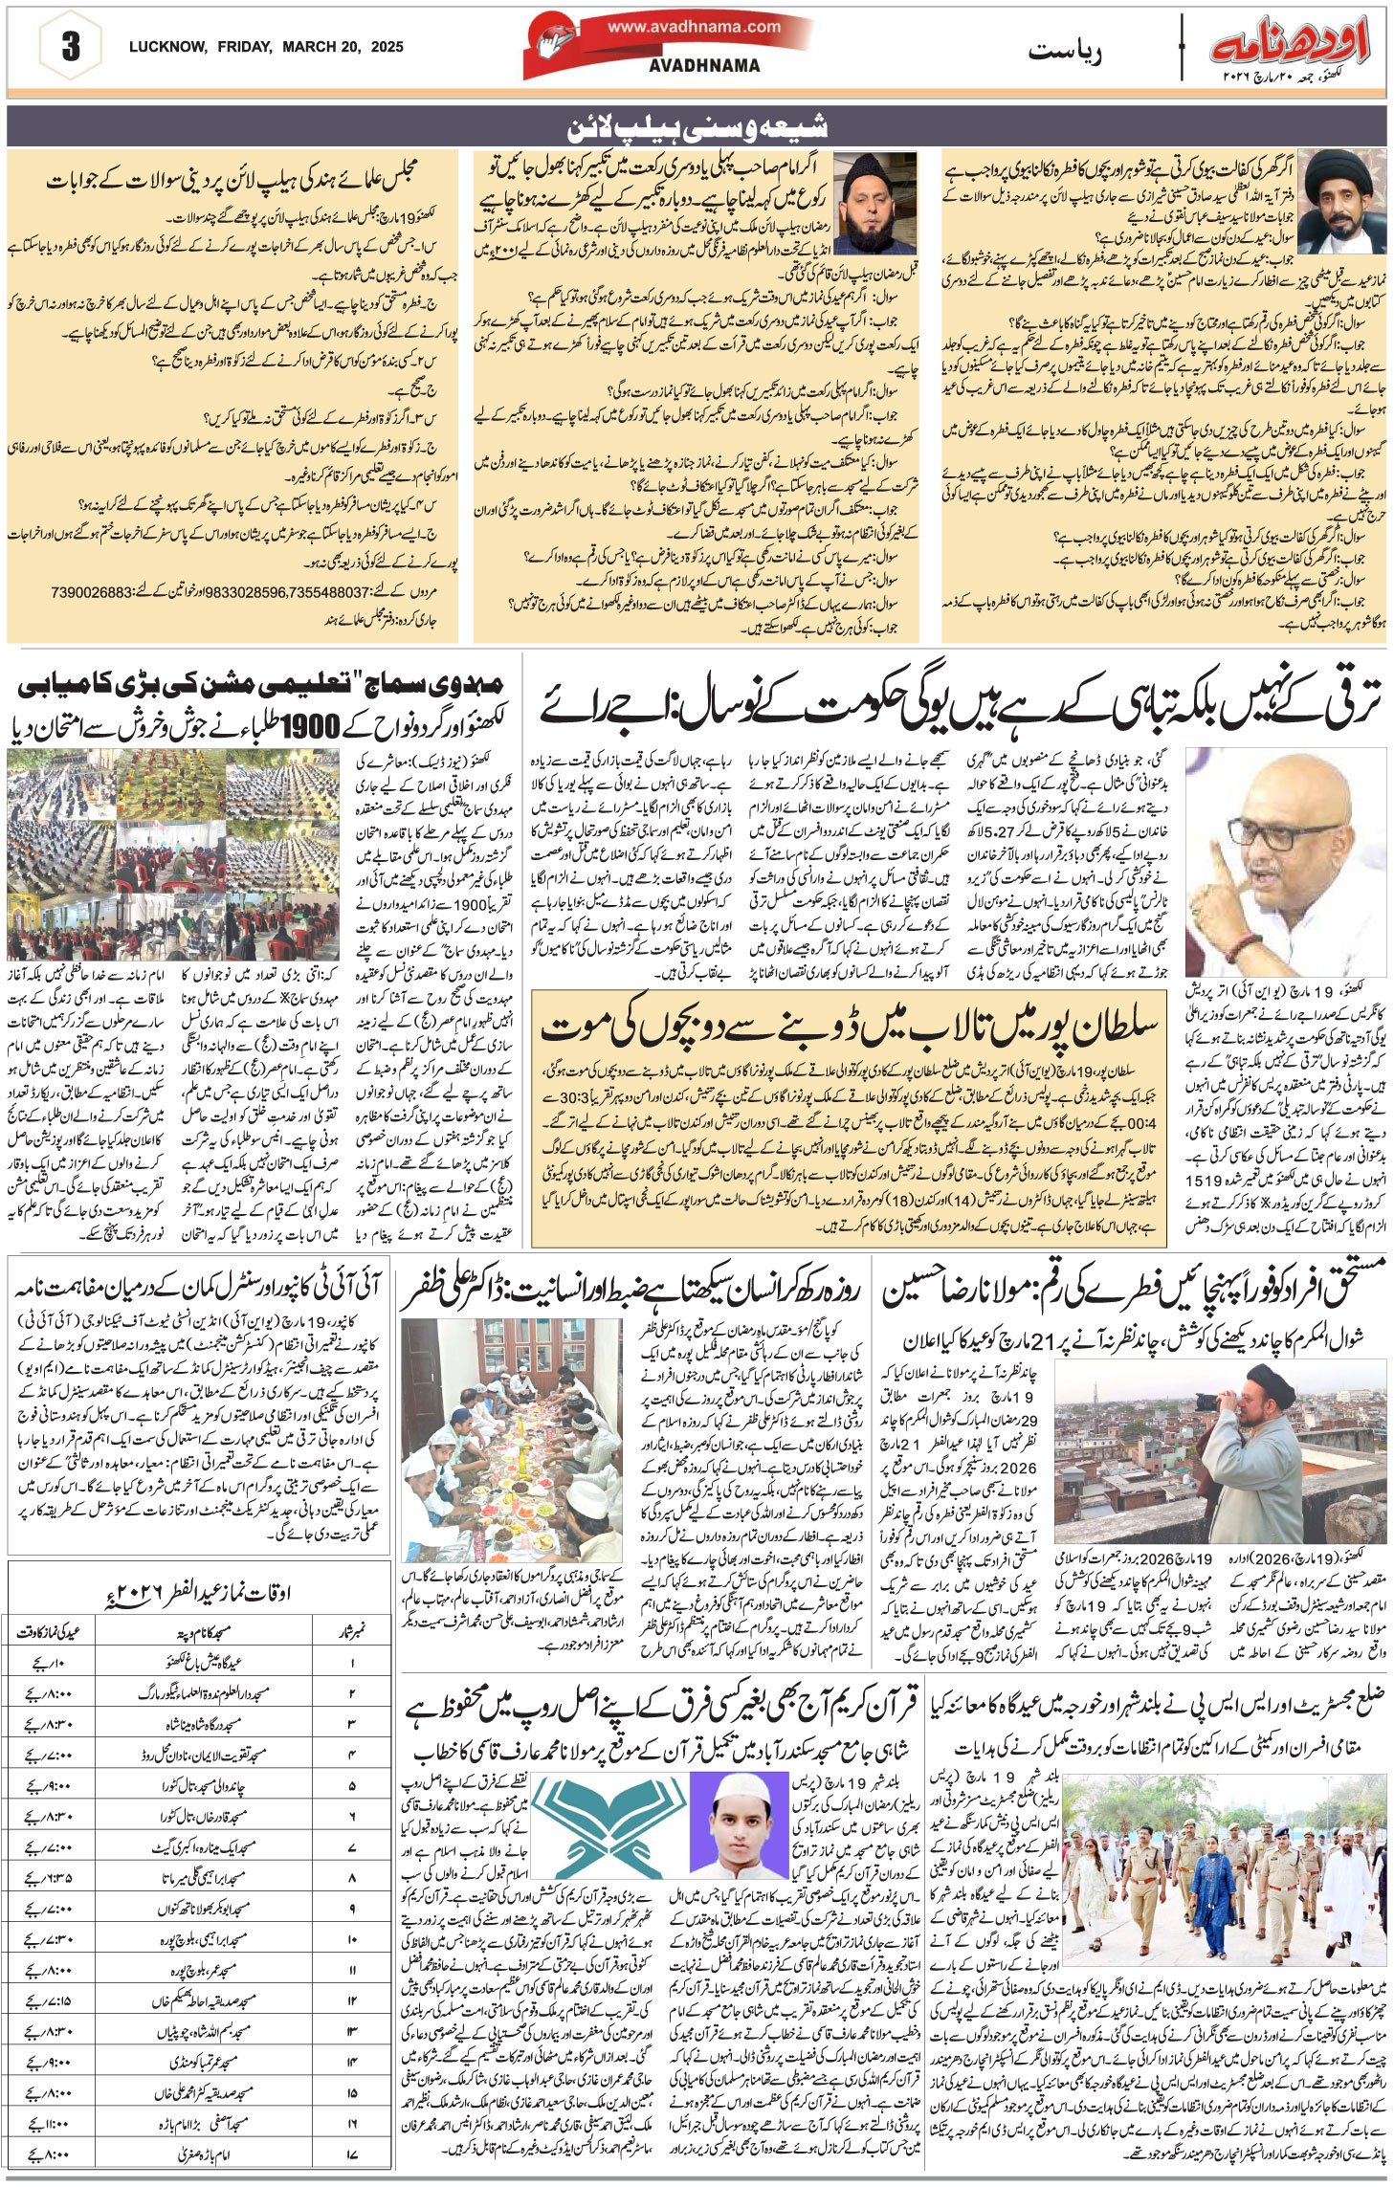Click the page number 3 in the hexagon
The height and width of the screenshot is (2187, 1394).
pos(70,47)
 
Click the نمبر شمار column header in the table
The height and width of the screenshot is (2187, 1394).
pos(354,1624)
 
